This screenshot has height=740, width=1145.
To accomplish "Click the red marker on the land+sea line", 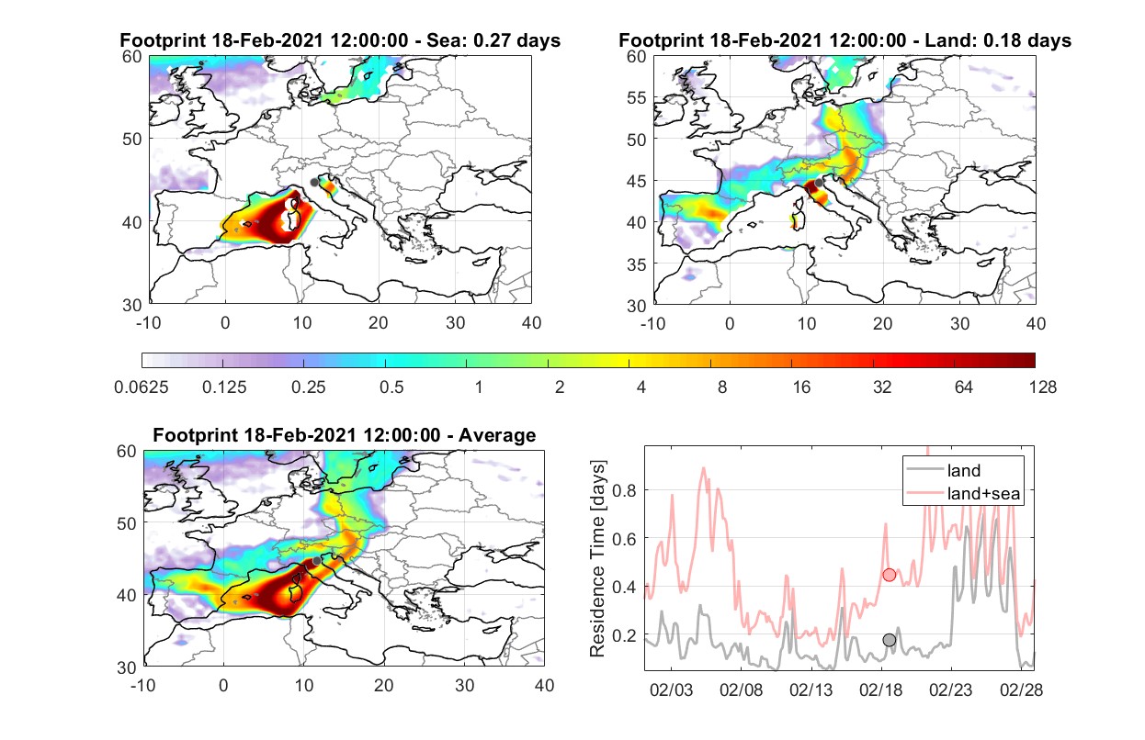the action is (890, 575).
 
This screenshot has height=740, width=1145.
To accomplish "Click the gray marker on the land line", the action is (890, 640).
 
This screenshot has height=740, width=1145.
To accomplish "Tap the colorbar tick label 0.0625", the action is (142, 387).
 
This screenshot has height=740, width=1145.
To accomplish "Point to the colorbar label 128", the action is (1042, 387).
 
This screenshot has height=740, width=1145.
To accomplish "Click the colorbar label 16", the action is (801, 387).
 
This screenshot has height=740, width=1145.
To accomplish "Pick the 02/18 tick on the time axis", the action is (880, 690).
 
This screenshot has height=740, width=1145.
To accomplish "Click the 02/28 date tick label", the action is (1021, 690).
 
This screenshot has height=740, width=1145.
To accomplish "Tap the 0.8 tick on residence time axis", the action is (624, 491).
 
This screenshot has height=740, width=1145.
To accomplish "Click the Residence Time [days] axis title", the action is (597, 559).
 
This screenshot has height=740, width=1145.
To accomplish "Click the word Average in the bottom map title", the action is (497, 435).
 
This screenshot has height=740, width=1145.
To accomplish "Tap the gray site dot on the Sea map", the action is (314, 183).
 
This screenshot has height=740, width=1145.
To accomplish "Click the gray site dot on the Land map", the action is (819, 183).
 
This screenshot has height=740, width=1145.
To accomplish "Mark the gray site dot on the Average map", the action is (317, 561).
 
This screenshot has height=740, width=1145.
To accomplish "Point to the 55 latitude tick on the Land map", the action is (637, 97).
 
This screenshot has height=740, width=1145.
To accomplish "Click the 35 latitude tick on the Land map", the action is (637, 264).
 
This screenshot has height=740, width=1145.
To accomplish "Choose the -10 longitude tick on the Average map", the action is (143, 685).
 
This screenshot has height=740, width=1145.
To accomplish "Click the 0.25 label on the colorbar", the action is (308, 387).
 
